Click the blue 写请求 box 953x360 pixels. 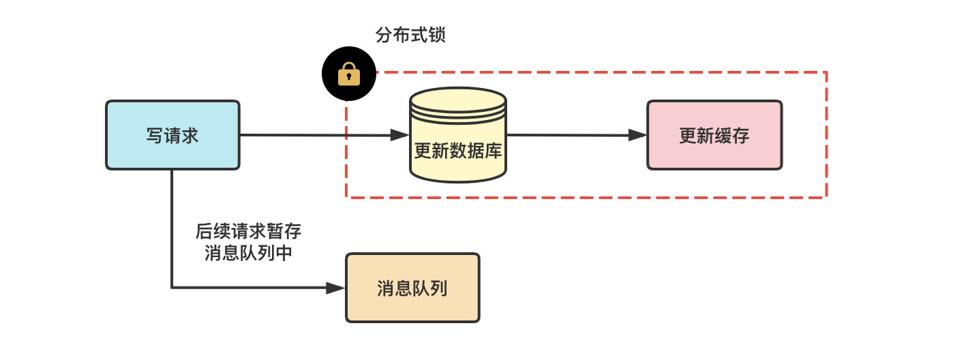pyautogui.click(x=172, y=135)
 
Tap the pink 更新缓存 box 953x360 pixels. pyautogui.click(x=714, y=135)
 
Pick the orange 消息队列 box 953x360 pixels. pyautogui.click(x=412, y=288)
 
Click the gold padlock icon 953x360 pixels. pyautogui.click(x=349, y=73)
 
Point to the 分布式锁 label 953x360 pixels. pyautogui.click(x=410, y=35)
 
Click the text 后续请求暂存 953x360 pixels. pyautogui.click(x=248, y=231)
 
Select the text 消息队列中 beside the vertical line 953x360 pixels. pyautogui.click(x=248, y=253)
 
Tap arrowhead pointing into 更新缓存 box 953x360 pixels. pyautogui.click(x=637, y=135)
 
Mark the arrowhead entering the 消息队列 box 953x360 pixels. pyautogui.click(x=336, y=288)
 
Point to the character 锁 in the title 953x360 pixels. pyautogui.click(x=437, y=35)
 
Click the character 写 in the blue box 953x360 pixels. pyautogui.click(x=155, y=135)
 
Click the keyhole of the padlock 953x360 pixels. pyautogui.click(x=349, y=76)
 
